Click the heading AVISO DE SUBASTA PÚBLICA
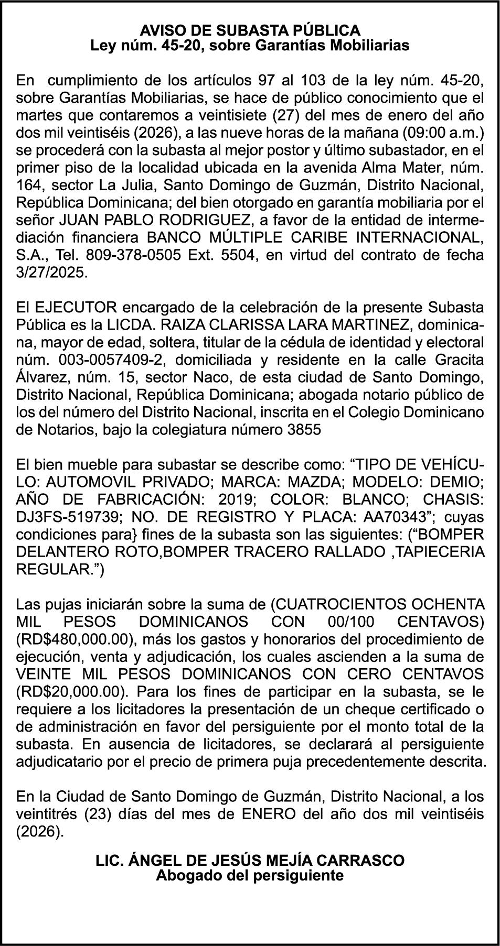(250, 29)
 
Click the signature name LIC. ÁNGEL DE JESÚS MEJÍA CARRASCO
(250, 860)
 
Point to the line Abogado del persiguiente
(250, 875)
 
